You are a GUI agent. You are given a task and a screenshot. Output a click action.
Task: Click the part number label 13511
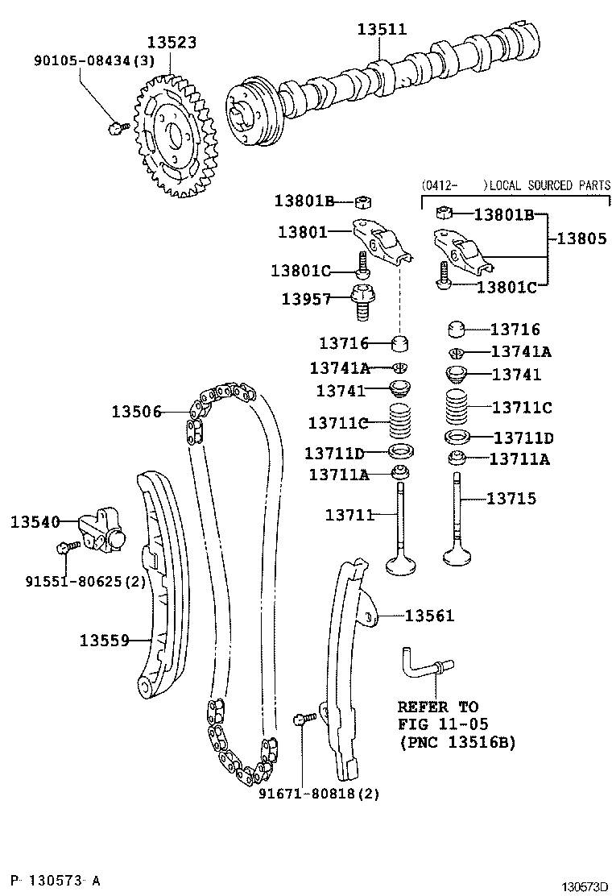(382, 30)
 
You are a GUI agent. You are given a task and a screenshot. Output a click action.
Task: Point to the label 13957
(306, 299)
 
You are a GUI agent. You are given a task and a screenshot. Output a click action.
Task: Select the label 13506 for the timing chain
(137, 412)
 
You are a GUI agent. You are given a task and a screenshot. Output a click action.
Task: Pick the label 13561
(429, 616)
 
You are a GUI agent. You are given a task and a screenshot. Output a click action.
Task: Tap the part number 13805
(580, 239)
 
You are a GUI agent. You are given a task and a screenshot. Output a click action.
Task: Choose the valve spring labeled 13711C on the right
(457, 406)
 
